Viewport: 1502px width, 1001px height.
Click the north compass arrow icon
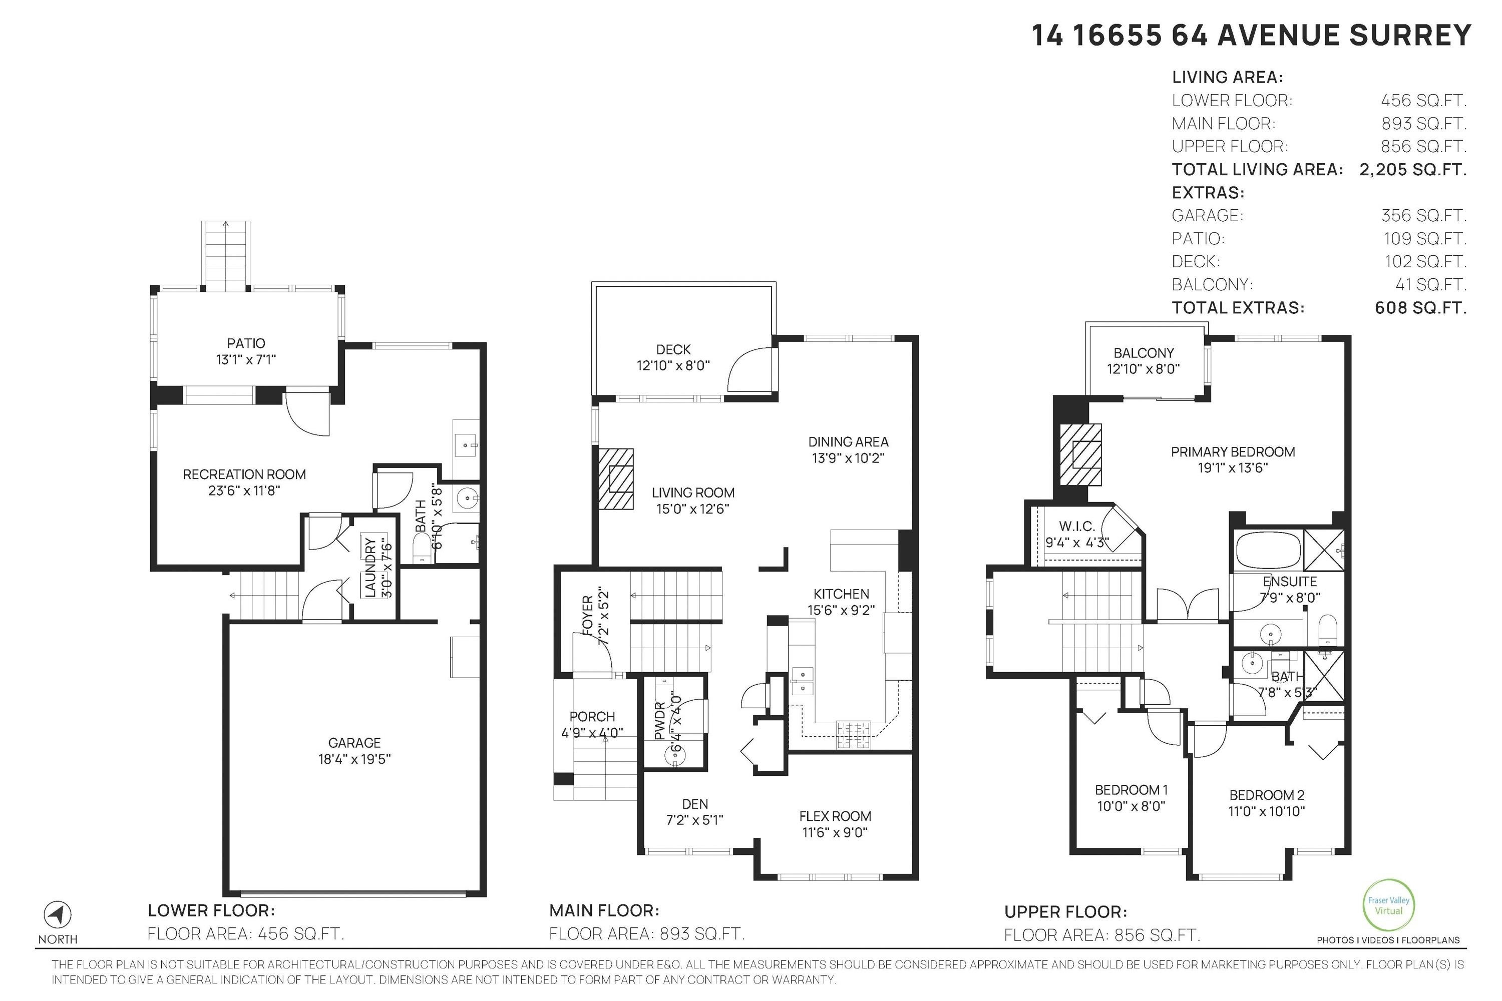click(x=58, y=915)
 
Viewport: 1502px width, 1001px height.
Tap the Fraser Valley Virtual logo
click(x=1388, y=905)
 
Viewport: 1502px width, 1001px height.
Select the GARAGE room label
click(x=354, y=742)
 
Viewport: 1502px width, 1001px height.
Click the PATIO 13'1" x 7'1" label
click(x=246, y=351)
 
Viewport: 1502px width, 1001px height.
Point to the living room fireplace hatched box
click(x=616, y=479)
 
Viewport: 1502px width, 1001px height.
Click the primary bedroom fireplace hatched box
click(x=1080, y=454)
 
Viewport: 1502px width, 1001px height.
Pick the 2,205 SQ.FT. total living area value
click(x=1412, y=169)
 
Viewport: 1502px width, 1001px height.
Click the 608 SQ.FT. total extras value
click(x=1420, y=308)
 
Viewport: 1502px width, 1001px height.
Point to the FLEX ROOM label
click(x=835, y=816)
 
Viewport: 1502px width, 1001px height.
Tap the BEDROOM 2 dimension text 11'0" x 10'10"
click(x=1266, y=811)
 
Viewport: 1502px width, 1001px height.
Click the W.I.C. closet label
click(x=1077, y=526)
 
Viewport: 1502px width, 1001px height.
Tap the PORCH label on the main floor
click(x=592, y=716)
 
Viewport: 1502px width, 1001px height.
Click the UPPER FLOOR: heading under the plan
click(x=1065, y=911)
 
